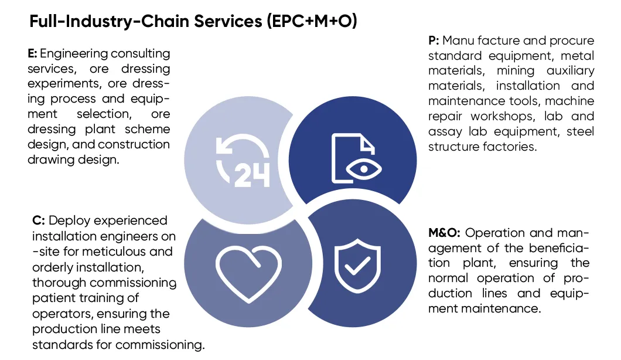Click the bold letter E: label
click(32, 53)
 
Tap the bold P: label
click(434, 40)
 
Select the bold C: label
click(39, 220)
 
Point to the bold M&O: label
click(444, 233)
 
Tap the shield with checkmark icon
click(357, 266)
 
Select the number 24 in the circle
click(252, 175)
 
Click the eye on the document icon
click(364, 169)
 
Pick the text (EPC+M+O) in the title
click(312, 21)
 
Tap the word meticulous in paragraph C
click(110, 252)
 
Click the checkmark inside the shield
click(357, 266)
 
